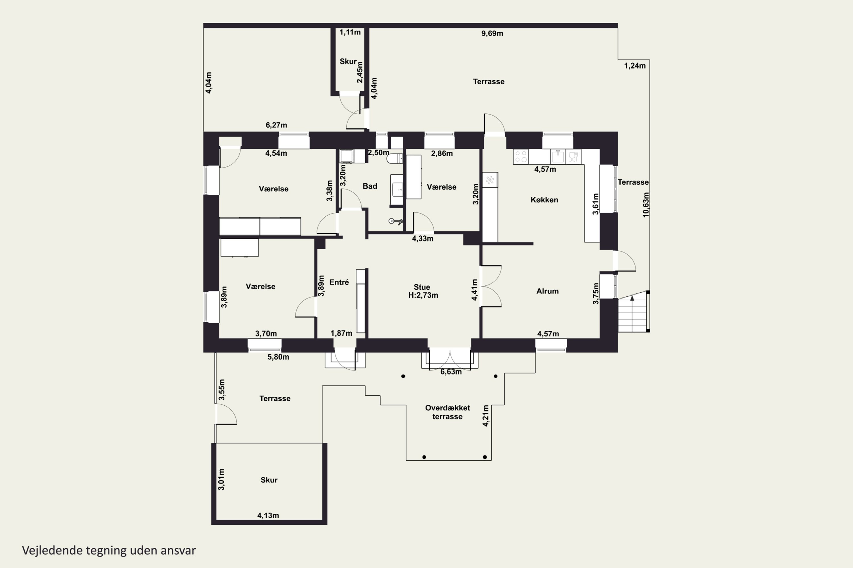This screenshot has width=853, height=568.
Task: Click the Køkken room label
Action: tap(544, 200)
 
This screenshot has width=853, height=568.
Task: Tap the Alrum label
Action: tap(547, 291)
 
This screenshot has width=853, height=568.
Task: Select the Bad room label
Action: tap(370, 186)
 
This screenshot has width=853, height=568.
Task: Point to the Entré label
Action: tap(339, 282)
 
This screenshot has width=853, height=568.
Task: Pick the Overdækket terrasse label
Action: tap(448, 412)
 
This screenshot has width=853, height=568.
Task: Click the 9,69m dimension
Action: tap(492, 33)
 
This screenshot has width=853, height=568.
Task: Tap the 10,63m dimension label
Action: tap(645, 205)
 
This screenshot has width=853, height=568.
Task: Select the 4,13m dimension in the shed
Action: tap(268, 515)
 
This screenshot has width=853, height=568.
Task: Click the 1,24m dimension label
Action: tap(635, 66)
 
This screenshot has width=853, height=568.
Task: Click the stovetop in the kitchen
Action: tap(521, 156)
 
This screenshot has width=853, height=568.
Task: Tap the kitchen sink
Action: tap(558, 156)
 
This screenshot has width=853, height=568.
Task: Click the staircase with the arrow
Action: tap(633, 312)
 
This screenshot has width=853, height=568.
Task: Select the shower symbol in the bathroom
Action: tap(395, 221)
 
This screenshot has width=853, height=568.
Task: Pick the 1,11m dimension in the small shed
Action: tap(350, 32)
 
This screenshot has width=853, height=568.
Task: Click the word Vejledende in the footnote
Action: tap(52, 550)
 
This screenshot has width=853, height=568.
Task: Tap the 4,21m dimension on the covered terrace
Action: tap(486, 415)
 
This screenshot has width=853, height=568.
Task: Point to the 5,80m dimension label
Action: tap(278, 357)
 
